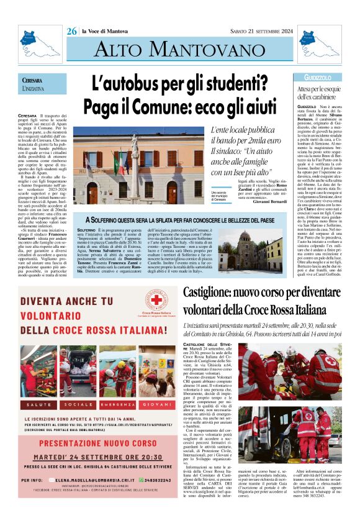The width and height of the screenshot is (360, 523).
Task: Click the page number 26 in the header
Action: coord(72,31)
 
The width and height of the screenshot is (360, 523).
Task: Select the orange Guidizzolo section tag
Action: coord(318,78)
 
